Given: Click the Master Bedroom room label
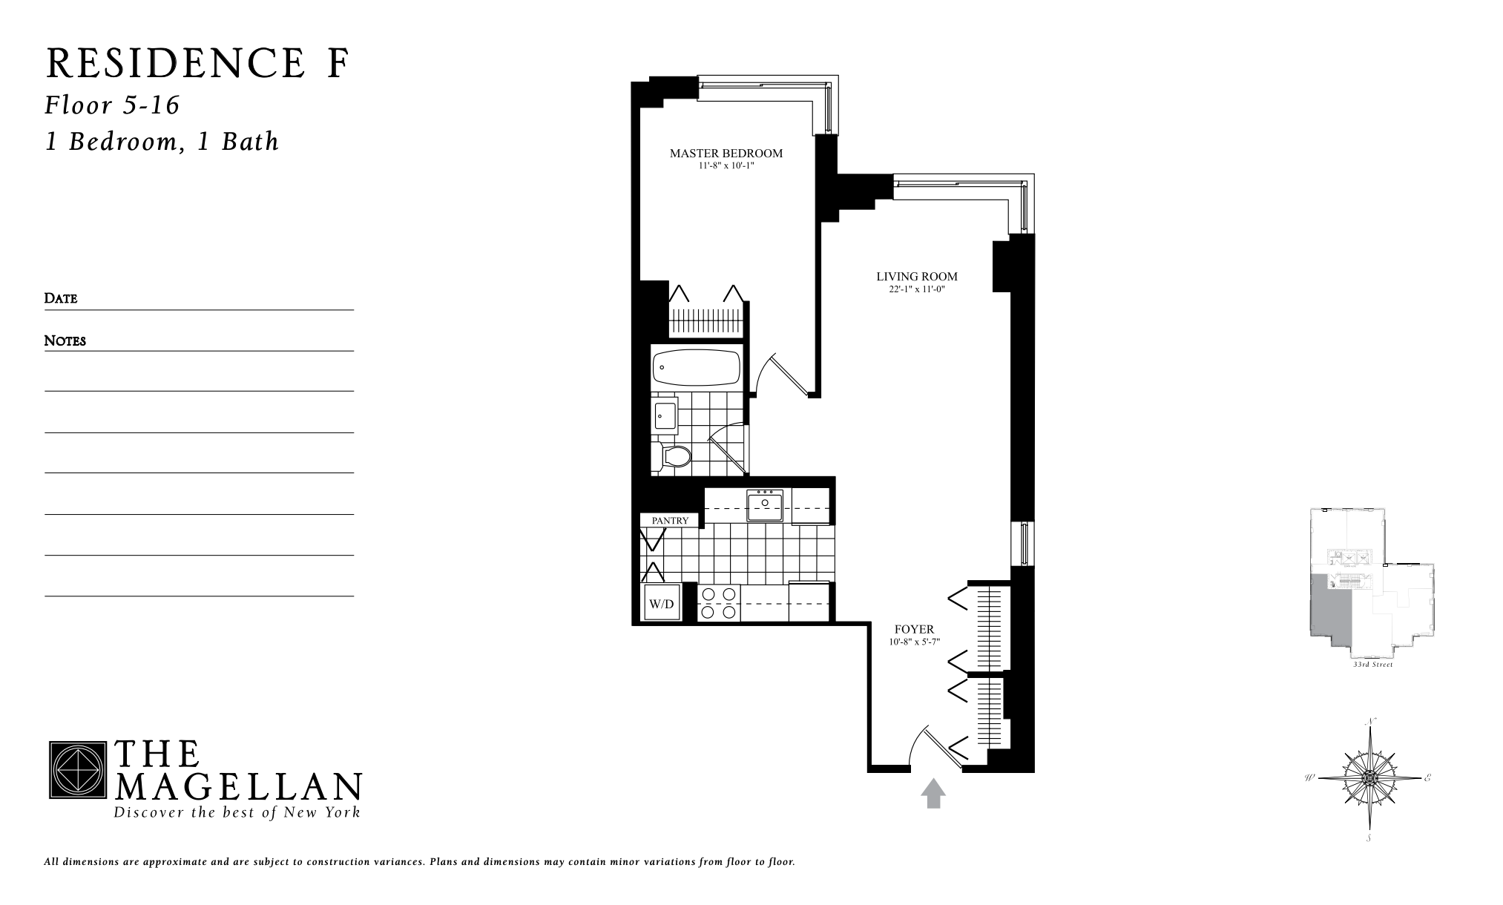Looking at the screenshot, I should coord(726,154).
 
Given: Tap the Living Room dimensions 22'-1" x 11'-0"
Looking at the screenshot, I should coord(917,289).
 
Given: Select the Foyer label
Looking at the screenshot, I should coord(914,629).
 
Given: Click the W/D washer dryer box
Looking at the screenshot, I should coord(661,604).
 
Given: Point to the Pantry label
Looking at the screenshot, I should coord(670,521).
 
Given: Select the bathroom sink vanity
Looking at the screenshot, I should coord(665,415).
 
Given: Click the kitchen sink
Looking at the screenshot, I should coord(765,506).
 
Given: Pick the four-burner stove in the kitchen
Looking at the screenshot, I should coord(719,602).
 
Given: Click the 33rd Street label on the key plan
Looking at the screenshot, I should coord(1372,665).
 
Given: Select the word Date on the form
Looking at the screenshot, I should coord(61,298).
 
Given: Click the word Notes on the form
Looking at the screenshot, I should coord(65,340).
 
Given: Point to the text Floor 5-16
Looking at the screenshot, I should coord(112,105).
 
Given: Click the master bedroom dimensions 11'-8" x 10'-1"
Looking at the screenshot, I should coord(726,166).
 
